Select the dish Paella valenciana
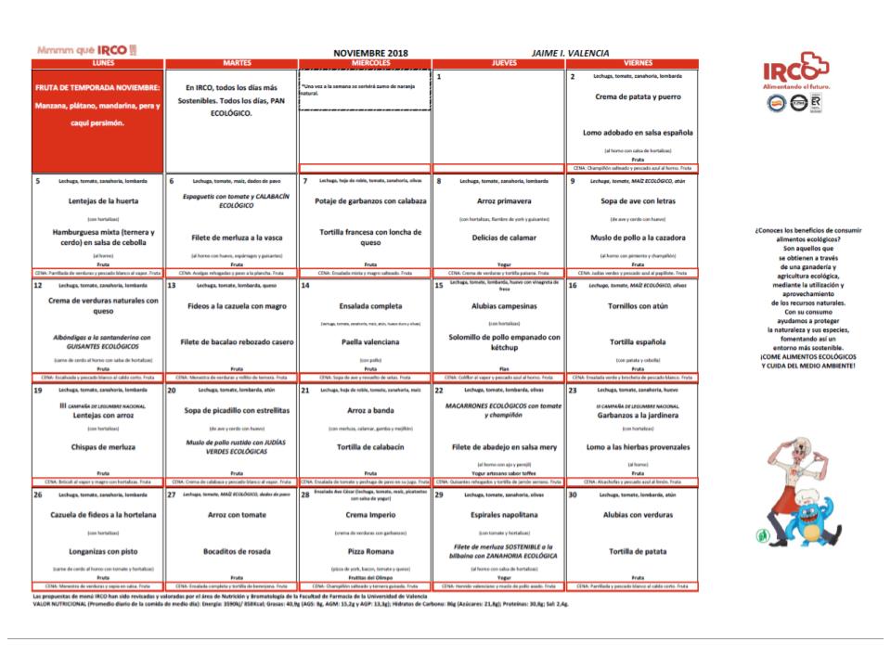pos(364,340)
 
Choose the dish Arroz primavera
pos(497,200)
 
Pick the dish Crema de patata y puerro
pos(631,96)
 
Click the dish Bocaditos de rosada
pos(231,551)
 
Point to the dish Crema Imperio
pos(364,516)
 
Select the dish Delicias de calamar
pos(497,236)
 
